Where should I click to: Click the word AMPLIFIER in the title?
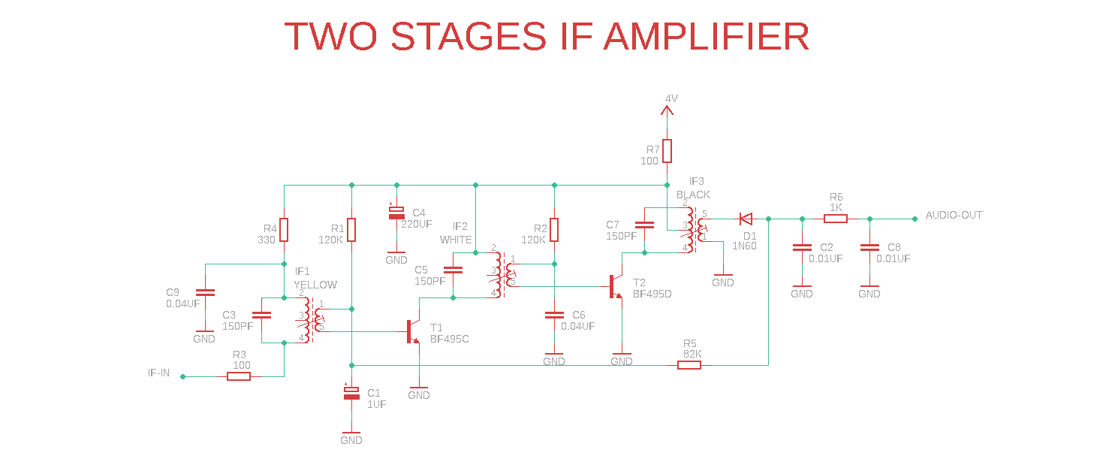coord(706,37)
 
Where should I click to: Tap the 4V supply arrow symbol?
coord(666,110)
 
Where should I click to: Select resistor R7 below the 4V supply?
coord(666,151)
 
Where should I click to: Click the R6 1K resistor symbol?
coord(836,219)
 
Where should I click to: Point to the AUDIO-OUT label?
coord(954,216)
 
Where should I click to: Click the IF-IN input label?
coord(158,373)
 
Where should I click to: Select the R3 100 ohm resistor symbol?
coord(239,376)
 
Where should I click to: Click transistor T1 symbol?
coord(412,331)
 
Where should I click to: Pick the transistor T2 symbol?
coord(615,286)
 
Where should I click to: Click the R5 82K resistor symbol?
coord(689,365)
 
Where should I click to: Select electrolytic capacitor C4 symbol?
coord(396,213)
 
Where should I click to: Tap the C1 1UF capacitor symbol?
coord(351,394)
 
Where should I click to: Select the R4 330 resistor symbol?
coord(284,230)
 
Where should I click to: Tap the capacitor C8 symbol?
coord(869,247)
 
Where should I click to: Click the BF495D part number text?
coord(652,294)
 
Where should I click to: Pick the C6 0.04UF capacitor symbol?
coord(554,315)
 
